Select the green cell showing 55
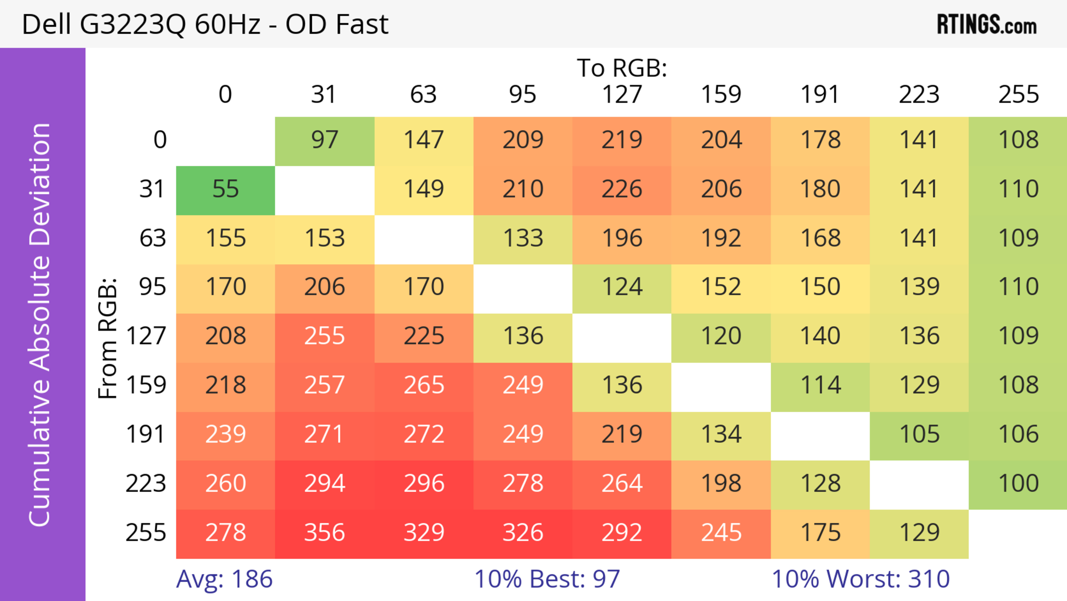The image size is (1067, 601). [x=225, y=189]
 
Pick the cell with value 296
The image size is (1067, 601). [x=424, y=484]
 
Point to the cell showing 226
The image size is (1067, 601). [x=622, y=189]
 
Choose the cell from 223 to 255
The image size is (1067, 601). [x=1018, y=484]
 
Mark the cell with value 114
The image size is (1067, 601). [x=820, y=385]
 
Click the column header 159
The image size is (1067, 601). [x=721, y=95]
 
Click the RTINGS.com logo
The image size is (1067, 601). [x=987, y=24]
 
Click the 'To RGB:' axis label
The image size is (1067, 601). [x=622, y=68]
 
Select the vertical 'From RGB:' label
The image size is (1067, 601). [x=108, y=338]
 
